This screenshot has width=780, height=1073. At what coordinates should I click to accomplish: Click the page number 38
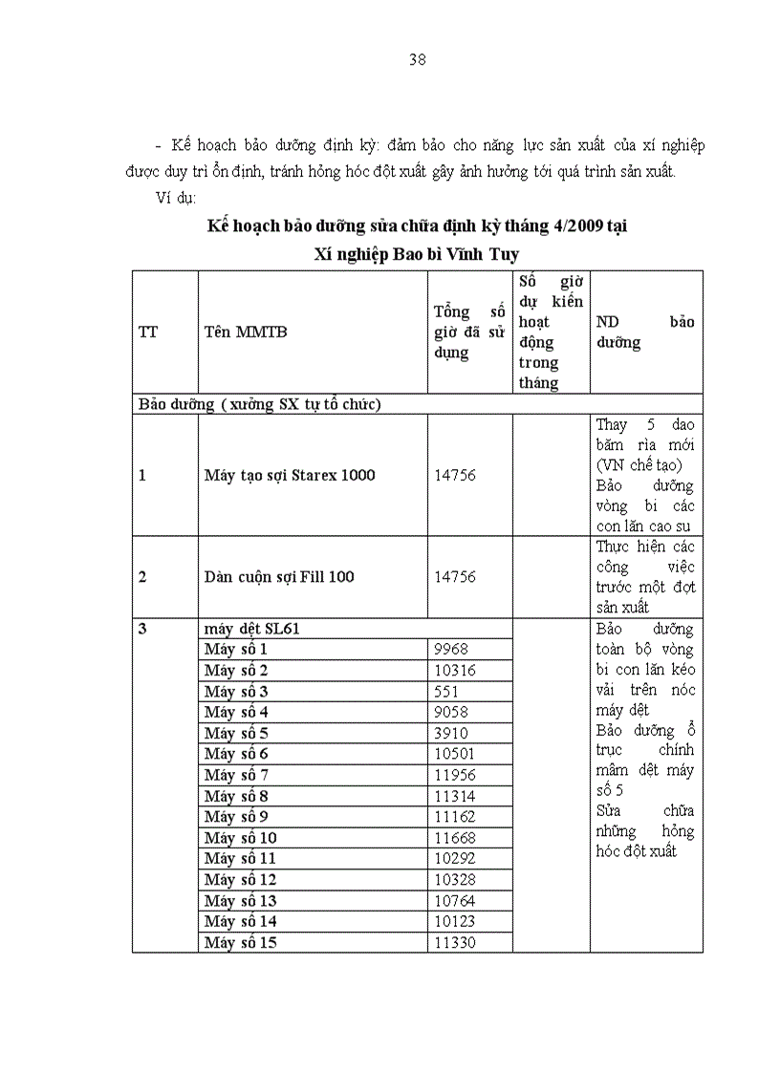[417, 59]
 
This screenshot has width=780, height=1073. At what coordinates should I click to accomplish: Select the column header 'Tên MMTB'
[245, 332]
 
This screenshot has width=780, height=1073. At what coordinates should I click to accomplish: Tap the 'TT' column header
[148, 332]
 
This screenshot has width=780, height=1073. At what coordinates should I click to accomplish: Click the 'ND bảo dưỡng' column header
[645, 332]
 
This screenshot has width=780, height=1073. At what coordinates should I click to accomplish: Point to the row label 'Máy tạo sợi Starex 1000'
[290, 475]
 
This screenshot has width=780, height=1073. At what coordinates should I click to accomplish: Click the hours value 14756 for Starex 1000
[454, 475]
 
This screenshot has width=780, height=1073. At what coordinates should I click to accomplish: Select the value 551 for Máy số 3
[446, 691]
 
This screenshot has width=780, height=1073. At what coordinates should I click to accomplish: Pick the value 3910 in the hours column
[450, 733]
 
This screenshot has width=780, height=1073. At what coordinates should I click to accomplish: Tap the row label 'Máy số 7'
[236, 775]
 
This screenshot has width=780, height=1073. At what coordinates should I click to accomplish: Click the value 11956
[454, 775]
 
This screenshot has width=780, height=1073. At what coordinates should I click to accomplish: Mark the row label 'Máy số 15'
[240, 943]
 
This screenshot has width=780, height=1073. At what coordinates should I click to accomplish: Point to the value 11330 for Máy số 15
[454, 943]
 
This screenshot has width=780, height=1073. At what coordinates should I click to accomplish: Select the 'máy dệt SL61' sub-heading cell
[254, 629]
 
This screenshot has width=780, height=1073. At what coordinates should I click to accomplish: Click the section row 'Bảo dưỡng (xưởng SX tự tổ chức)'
[260, 404]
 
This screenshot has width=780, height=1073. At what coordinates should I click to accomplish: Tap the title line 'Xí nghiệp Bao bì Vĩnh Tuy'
[417, 254]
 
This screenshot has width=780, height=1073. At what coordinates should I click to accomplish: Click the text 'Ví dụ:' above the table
[175, 198]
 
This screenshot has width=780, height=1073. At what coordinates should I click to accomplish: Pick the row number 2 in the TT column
[142, 577]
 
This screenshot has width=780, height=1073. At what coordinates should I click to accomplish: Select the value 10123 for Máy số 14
[454, 922]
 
